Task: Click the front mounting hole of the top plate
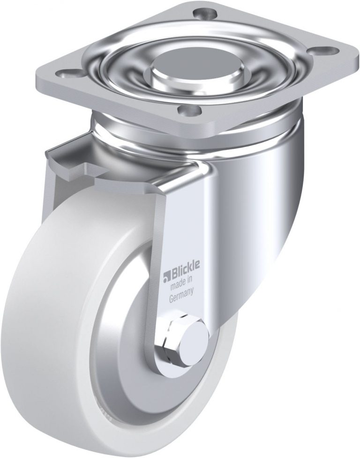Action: pyautogui.click(x=189, y=111)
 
